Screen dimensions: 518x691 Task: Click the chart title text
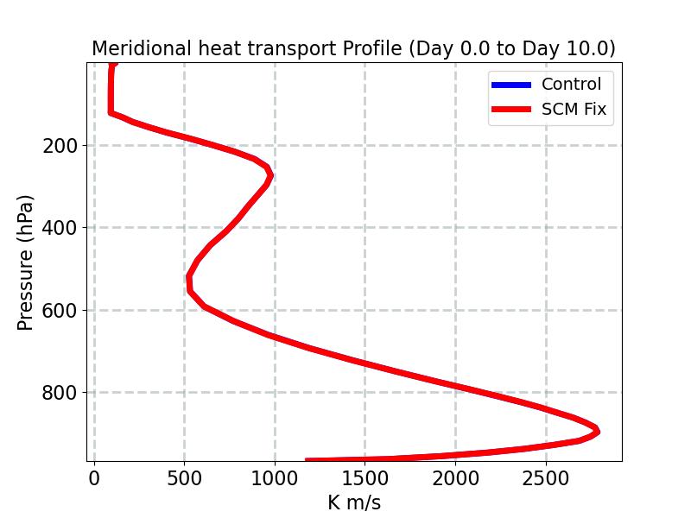[353, 48]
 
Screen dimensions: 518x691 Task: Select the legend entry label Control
[571, 84]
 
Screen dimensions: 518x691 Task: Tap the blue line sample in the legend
[510, 84]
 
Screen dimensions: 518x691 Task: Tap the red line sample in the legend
[510, 110]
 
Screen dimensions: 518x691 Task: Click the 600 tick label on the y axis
[60, 310]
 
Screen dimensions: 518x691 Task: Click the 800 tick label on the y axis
[60, 392]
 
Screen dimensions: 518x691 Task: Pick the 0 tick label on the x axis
[94, 479]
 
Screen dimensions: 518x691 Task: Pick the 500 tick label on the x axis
[184, 479]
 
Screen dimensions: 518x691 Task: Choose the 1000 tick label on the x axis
[275, 479]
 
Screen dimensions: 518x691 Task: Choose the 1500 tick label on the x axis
[365, 479]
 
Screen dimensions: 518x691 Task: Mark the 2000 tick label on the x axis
[455, 479]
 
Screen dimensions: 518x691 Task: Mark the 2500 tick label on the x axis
[546, 479]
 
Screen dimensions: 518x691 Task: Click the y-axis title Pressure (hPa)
[26, 262]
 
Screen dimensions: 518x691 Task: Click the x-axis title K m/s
[353, 502]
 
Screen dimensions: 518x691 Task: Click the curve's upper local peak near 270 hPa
[269, 175]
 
